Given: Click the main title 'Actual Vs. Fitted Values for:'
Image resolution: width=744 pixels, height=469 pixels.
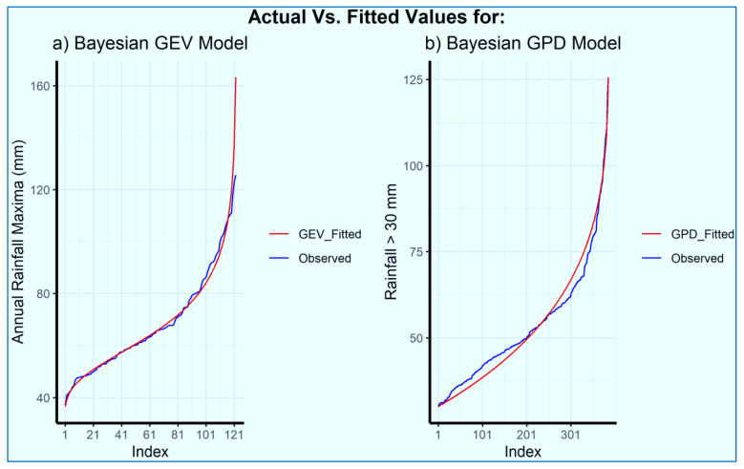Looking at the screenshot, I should coord(372,16).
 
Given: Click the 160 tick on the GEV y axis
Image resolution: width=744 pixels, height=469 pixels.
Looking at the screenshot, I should coord(42,86).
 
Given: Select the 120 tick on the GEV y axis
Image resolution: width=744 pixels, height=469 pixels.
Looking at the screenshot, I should coord(42,190).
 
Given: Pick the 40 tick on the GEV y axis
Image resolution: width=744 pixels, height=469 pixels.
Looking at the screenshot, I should coord(44,397).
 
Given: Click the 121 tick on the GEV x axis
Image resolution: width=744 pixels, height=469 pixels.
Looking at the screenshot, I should coord(233,435).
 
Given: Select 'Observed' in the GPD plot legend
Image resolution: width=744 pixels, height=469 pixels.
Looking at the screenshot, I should coord(696,258).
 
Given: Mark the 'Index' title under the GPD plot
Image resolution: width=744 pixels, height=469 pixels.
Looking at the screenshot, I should coord(522,451).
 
